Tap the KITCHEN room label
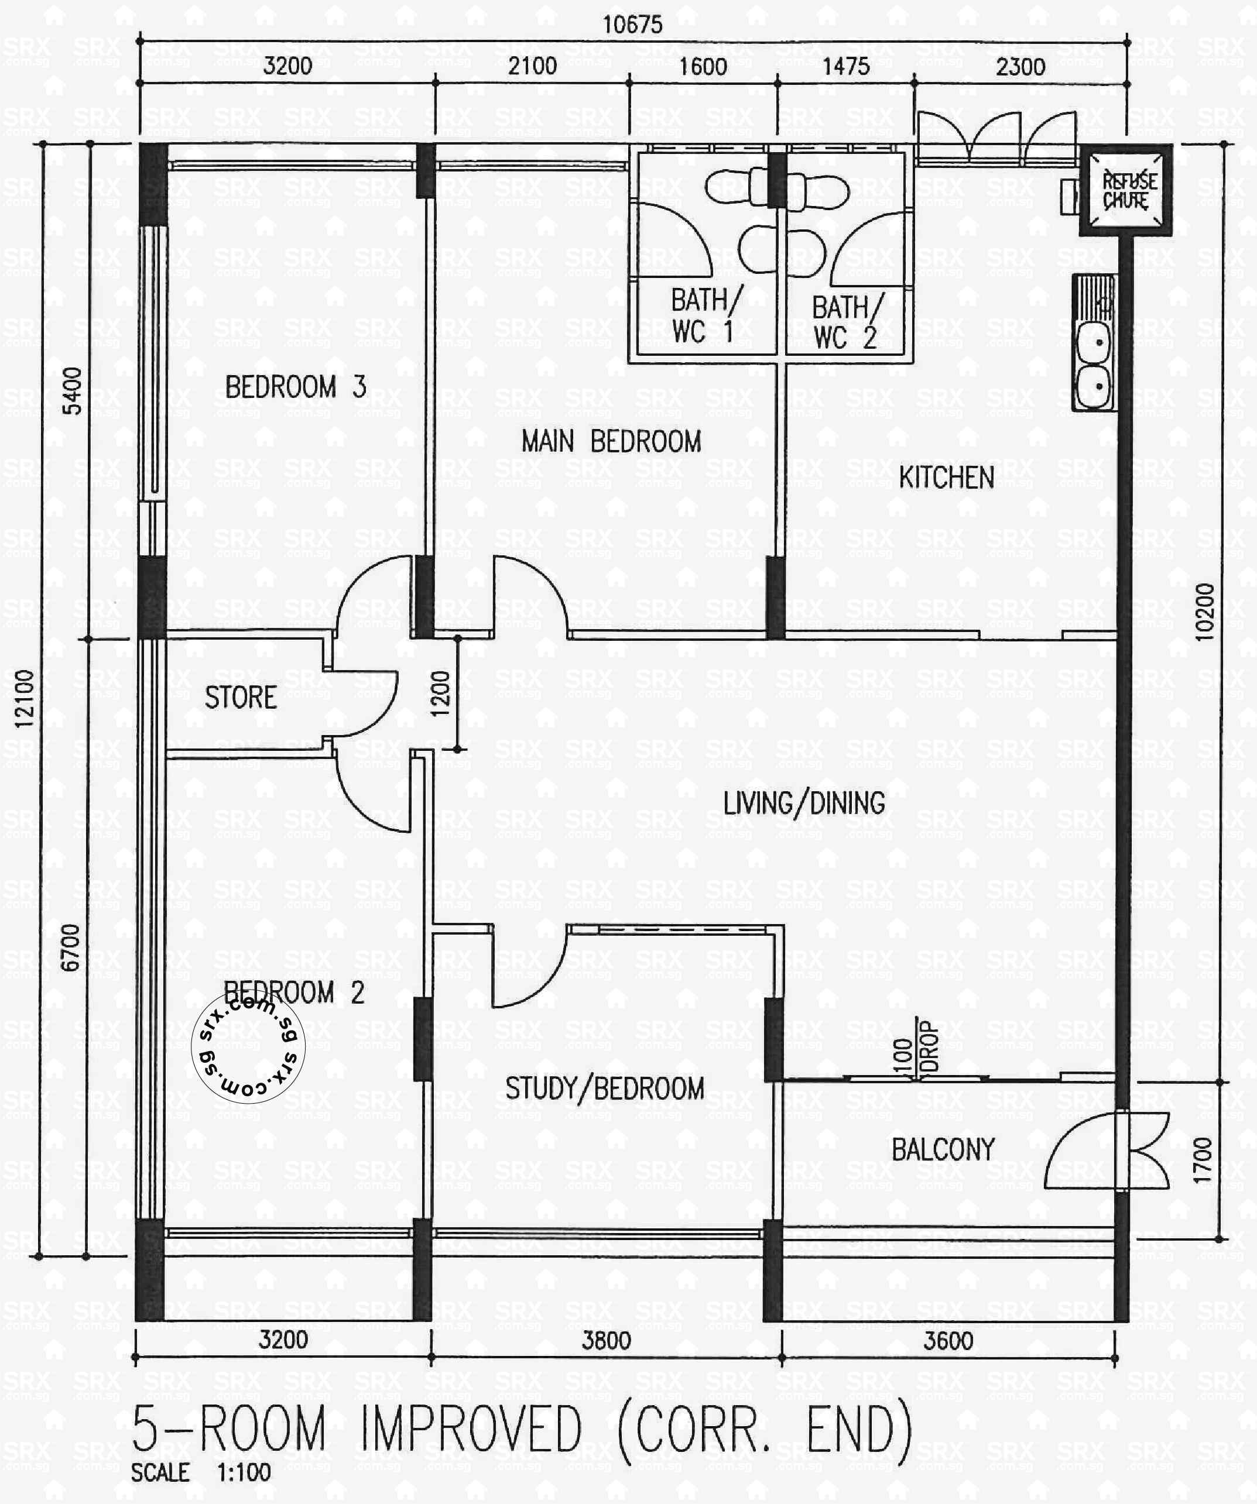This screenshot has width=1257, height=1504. coord(946,478)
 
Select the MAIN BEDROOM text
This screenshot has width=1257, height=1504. coord(611,441)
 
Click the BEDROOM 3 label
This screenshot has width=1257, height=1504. coord(295,387)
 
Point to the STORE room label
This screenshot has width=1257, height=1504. coord(241,698)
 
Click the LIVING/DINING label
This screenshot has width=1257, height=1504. coord(803,803)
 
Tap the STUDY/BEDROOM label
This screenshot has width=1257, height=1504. coord(604,1088)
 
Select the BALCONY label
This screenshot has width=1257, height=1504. coord(943,1149)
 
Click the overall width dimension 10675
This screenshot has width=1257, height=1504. coord(632,25)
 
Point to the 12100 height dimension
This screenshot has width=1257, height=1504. coord(25,698)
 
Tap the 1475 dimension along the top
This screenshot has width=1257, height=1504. coord(845,67)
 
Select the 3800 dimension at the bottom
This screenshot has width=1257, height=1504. coord(605,1340)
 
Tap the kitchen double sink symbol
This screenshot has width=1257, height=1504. coord(1094,365)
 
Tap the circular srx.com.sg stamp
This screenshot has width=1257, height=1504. coord(248,1046)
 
